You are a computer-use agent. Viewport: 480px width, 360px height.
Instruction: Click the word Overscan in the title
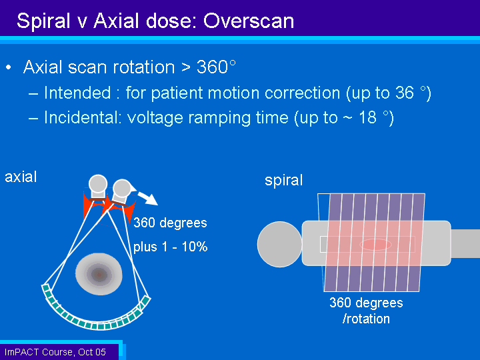click(x=249, y=21)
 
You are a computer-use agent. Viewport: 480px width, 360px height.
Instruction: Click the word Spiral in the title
click(x=43, y=22)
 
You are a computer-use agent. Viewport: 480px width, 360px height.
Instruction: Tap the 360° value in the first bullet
click(x=216, y=67)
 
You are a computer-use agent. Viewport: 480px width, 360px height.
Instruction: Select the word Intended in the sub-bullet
click(x=77, y=93)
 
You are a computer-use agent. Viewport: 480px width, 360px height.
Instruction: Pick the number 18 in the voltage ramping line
click(x=367, y=117)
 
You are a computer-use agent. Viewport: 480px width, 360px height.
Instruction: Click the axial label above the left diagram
click(x=21, y=177)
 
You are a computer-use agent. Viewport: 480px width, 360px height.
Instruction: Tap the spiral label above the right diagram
click(x=284, y=180)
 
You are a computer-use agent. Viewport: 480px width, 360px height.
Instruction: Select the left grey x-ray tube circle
click(x=98, y=184)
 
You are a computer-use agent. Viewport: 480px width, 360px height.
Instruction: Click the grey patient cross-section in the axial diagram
click(x=99, y=274)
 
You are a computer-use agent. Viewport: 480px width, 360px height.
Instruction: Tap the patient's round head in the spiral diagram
click(x=280, y=244)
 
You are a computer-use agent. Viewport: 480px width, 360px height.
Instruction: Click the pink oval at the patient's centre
click(x=375, y=245)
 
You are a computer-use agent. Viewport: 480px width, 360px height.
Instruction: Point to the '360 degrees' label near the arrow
click(x=170, y=223)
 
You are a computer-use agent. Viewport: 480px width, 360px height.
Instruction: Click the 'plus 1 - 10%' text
click(x=171, y=247)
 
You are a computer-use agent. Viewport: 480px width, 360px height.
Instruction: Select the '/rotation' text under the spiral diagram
click(x=367, y=319)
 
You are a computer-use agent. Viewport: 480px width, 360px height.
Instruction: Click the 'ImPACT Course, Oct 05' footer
click(x=55, y=352)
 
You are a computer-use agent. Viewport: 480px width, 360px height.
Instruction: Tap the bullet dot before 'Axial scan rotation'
click(x=9, y=67)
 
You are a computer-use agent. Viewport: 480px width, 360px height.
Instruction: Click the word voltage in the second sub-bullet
click(x=155, y=118)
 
